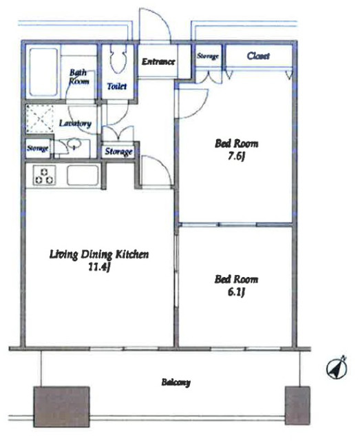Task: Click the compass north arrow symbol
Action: click(x=337, y=367)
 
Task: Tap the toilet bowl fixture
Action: click(x=117, y=59)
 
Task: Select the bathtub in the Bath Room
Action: click(x=43, y=72)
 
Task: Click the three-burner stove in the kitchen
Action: click(x=44, y=176)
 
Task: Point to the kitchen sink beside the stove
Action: click(x=83, y=175)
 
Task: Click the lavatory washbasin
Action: click(x=74, y=144)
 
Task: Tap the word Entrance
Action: click(x=158, y=61)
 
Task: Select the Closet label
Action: click(x=258, y=56)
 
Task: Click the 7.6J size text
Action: click(x=235, y=156)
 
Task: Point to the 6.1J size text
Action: click(x=235, y=292)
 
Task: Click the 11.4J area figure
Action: click(x=98, y=267)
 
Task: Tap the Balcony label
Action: click(x=176, y=382)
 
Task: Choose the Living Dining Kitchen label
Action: click(x=99, y=254)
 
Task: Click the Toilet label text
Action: click(x=117, y=86)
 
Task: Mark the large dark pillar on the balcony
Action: click(x=61, y=407)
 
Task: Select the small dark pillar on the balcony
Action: click(x=297, y=405)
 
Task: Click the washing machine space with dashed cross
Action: click(x=40, y=119)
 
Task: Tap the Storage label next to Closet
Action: click(x=208, y=56)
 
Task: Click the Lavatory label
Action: click(x=75, y=123)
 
